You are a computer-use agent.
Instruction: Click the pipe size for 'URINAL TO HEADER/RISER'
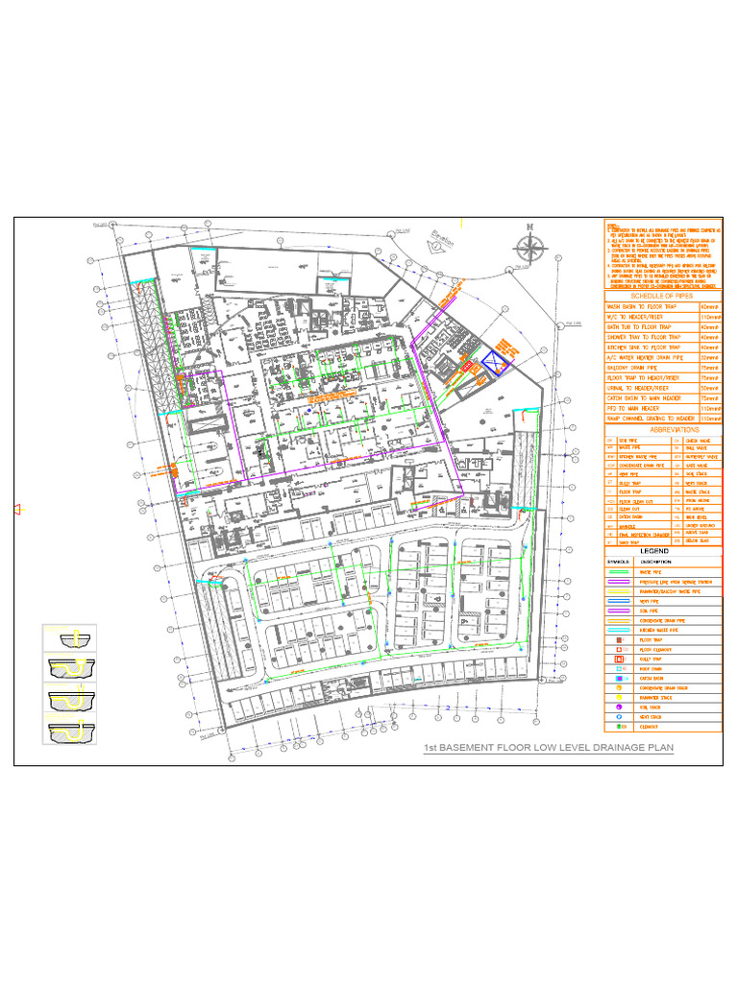pyautogui.click(x=710, y=388)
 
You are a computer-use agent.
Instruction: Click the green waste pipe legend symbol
pyautogui.click(x=620, y=570)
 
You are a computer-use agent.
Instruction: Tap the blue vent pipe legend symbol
pyautogui.click(x=620, y=601)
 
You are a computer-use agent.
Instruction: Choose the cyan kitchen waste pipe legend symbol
pyautogui.click(x=620, y=631)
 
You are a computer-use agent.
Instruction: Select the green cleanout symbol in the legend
pyautogui.click(x=620, y=729)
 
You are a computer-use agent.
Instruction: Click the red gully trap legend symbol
pyautogui.click(x=620, y=659)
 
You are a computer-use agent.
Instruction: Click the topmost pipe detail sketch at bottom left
pyautogui.click(x=69, y=639)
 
